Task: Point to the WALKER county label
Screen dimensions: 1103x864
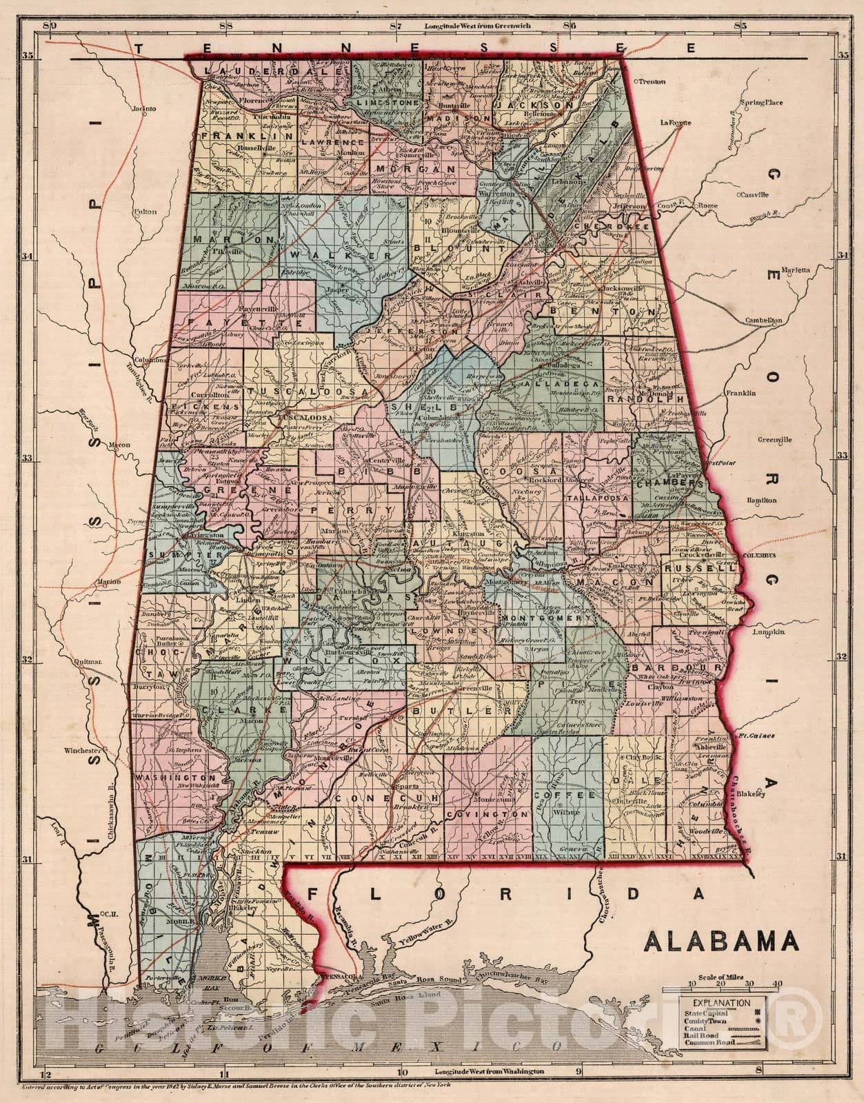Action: tap(341, 255)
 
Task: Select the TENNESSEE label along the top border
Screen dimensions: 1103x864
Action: tap(414, 48)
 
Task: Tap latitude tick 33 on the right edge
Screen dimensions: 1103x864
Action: tap(841, 456)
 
